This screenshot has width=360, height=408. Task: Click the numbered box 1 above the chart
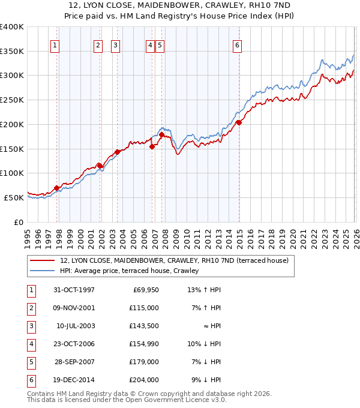[x=55, y=44]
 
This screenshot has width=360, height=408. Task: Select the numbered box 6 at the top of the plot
[x=238, y=44]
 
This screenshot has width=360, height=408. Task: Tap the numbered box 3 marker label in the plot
[x=115, y=44]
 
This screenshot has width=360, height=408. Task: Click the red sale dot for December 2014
[x=239, y=122]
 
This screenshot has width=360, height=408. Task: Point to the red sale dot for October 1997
[x=57, y=188]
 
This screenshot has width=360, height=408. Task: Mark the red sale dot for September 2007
[x=162, y=134]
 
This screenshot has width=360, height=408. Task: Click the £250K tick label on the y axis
[x=12, y=100]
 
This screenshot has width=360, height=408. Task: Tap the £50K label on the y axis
[x=14, y=197]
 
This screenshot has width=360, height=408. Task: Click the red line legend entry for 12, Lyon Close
[x=174, y=260]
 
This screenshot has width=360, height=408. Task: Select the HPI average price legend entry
[x=129, y=271]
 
